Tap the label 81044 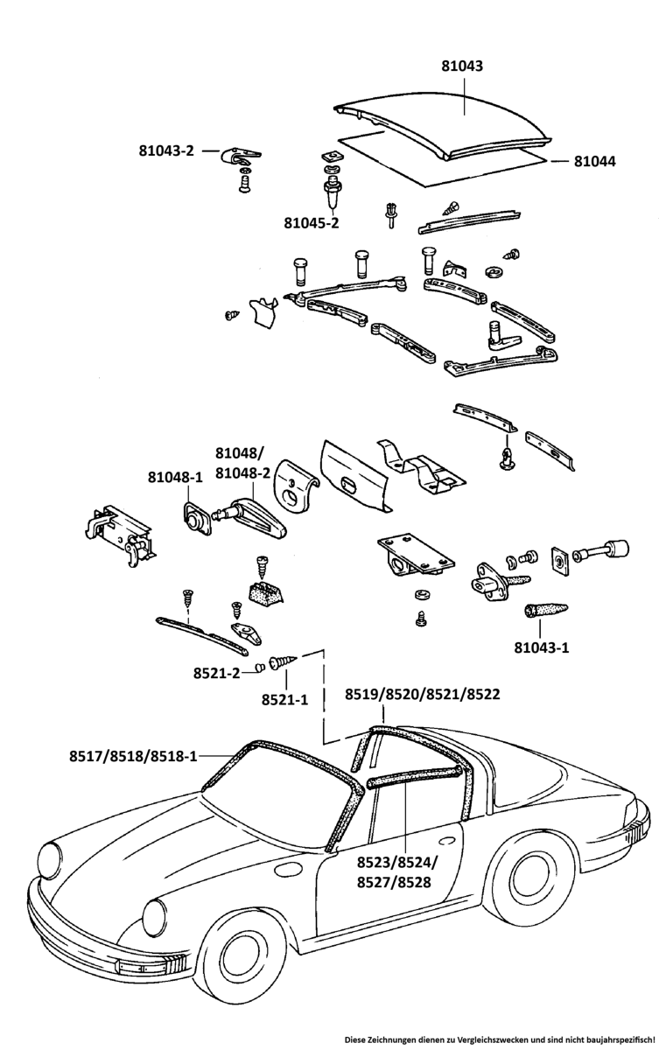pyautogui.click(x=595, y=161)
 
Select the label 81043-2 pyautogui.click(x=165, y=150)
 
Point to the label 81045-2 pyautogui.click(x=311, y=222)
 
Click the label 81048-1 pyautogui.click(x=175, y=478)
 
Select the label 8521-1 pyautogui.click(x=284, y=699)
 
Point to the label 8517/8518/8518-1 pyautogui.click(x=134, y=756)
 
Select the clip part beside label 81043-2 pyautogui.click(x=237, y=157)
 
